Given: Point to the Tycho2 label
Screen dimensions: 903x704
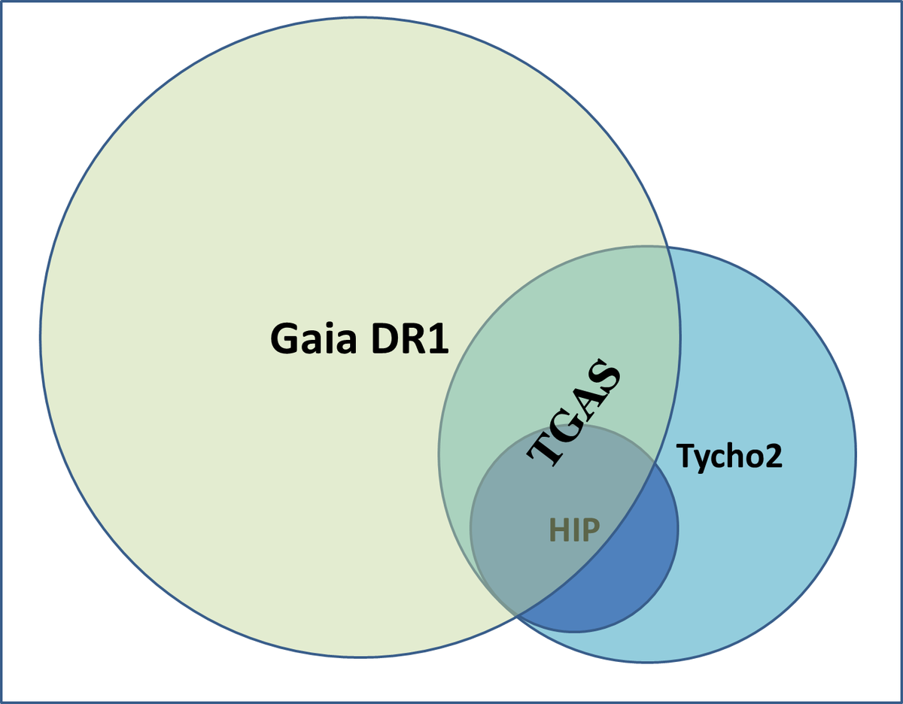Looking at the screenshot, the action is pyautogui.click(x=729, y=456).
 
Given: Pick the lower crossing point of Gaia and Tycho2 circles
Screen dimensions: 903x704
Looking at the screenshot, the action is pyautogui.click(x=517, y=616).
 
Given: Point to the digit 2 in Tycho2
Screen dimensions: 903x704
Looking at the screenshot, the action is pyautogui.click(x=773, y=456).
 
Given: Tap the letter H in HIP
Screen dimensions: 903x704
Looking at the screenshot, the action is pyautogui.click(x=557, y=531).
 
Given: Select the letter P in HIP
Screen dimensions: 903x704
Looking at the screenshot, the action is pyautogui.click(x=591, y=531).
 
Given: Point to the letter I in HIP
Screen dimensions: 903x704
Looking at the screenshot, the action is pyautogui.click(x=574, y=531).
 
